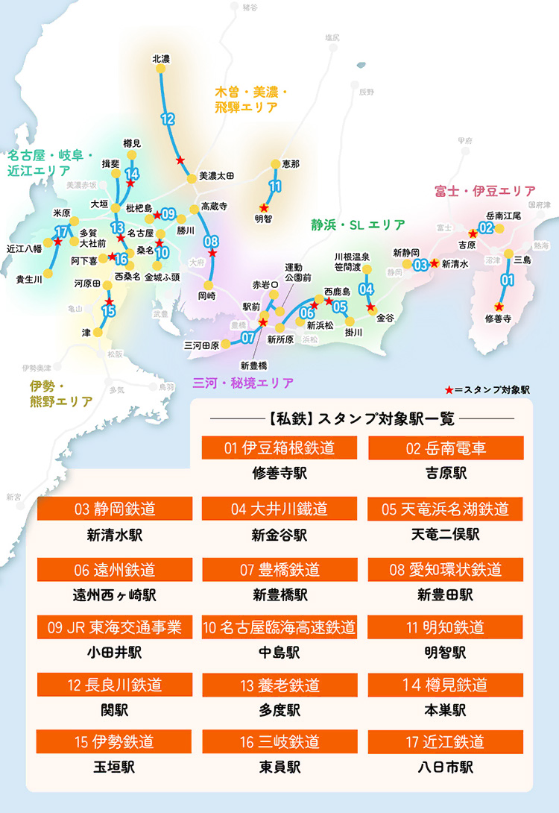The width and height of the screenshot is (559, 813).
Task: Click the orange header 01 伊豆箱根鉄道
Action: [x=279, y=448]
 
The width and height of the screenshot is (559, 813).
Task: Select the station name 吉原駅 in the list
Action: [x=446, y=474]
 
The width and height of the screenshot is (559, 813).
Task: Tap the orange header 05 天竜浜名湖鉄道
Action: [x=446, y=509]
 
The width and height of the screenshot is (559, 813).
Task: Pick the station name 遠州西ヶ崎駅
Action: [x=114, y=595]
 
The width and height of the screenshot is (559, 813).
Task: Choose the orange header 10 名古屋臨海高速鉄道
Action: [x=279, y=627]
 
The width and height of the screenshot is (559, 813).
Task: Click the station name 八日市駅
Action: [x=446, y=767]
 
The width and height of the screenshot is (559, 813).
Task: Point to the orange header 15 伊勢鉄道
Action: [x=114, y=742]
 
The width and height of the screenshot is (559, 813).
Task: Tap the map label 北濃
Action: [x=161, y=58]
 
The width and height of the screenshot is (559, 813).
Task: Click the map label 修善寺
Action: [x=499, y=318]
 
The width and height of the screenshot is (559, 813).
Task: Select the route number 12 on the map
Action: [x=168, y=119]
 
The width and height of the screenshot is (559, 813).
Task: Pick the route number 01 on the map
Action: [x=508, y=280]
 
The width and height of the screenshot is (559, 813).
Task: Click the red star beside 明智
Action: [x=262, y=208]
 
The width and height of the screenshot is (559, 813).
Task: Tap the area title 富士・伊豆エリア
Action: [x=485, y=192]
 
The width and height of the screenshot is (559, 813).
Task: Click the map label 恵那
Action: [x=290, y=163]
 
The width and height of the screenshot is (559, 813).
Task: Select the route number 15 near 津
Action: [x=109, y=311]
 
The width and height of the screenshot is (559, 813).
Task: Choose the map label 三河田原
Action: [x=201, y=345]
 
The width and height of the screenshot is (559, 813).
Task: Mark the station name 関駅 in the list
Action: [x=114, y=709]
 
